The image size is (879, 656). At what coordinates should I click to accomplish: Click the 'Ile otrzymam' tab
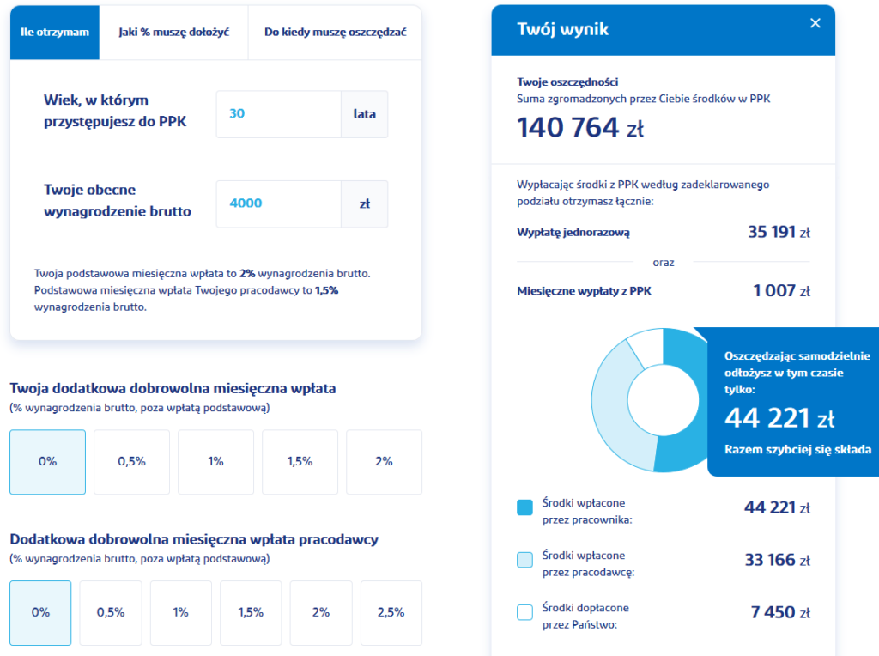coord(55,33)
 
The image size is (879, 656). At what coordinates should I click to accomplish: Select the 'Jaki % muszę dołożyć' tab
coord(173,33)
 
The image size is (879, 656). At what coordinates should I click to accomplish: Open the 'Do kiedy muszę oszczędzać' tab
coord(335,33)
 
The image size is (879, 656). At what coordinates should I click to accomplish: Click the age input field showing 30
coord(278,113)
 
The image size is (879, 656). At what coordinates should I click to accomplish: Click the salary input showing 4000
coord(278,203)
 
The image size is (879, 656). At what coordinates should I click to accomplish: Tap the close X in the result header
coord(815,23)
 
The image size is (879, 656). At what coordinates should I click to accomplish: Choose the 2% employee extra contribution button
coord(384,462)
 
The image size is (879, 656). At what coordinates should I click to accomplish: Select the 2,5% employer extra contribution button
coord(391,613)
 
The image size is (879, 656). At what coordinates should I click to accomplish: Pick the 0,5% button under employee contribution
coord(131,462)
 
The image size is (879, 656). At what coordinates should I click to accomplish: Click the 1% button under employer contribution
coord(180,613)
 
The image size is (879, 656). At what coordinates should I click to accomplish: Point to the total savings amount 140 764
coord(568,127)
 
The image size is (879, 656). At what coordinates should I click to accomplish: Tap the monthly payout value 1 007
coord(774,290)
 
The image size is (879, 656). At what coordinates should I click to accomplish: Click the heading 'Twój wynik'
coord(563,29)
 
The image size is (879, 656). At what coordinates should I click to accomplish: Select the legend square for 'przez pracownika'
coord(525,508)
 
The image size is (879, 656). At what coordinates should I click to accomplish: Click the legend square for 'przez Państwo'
coord(525,613)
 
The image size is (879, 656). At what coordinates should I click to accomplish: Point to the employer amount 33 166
coord(769,561)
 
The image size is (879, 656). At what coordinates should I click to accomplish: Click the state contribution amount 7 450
coord(773,612)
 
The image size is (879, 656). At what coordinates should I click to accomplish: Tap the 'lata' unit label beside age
coord(365,113)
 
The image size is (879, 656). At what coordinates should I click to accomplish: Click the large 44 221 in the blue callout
coord(767,418)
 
